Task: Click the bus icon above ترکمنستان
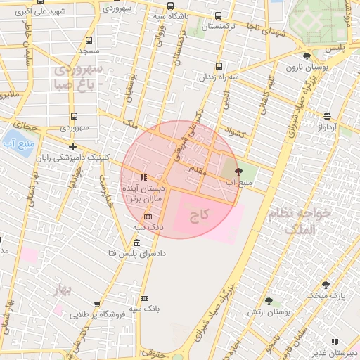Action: coord(218,15)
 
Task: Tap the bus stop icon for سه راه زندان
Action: coord(219,66)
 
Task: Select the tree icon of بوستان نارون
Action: coord(306,56)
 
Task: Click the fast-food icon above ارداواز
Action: coord(328,116)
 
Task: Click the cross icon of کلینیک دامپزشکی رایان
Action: coord(72,146)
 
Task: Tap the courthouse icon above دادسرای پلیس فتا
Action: coord(136,243)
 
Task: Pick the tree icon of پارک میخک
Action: coord(326,284)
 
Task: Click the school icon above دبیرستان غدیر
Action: coord(335,342)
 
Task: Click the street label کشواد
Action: coord(233,131)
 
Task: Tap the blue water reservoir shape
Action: coord(13,143)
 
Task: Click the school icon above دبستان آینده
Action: coord(143,177)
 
